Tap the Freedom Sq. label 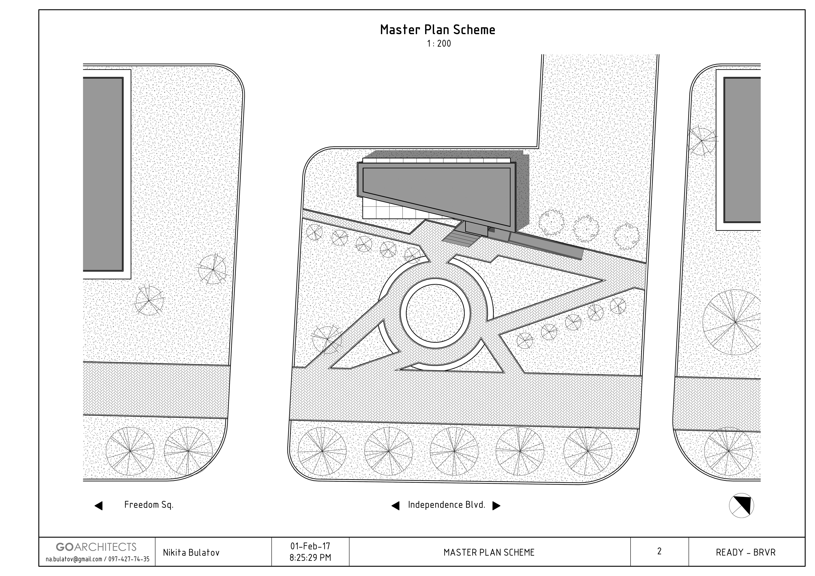tap(149, 505)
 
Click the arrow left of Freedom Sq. tap(99, 506)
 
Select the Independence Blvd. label tap(447, 505)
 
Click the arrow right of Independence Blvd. tap(496, 506)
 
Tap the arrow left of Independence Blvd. tap(395, 506)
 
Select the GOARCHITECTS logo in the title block tap(96, 547)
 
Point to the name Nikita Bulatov tap(191, 553)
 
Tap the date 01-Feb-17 tap(310, 546)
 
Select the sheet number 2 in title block tap(659, 551)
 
